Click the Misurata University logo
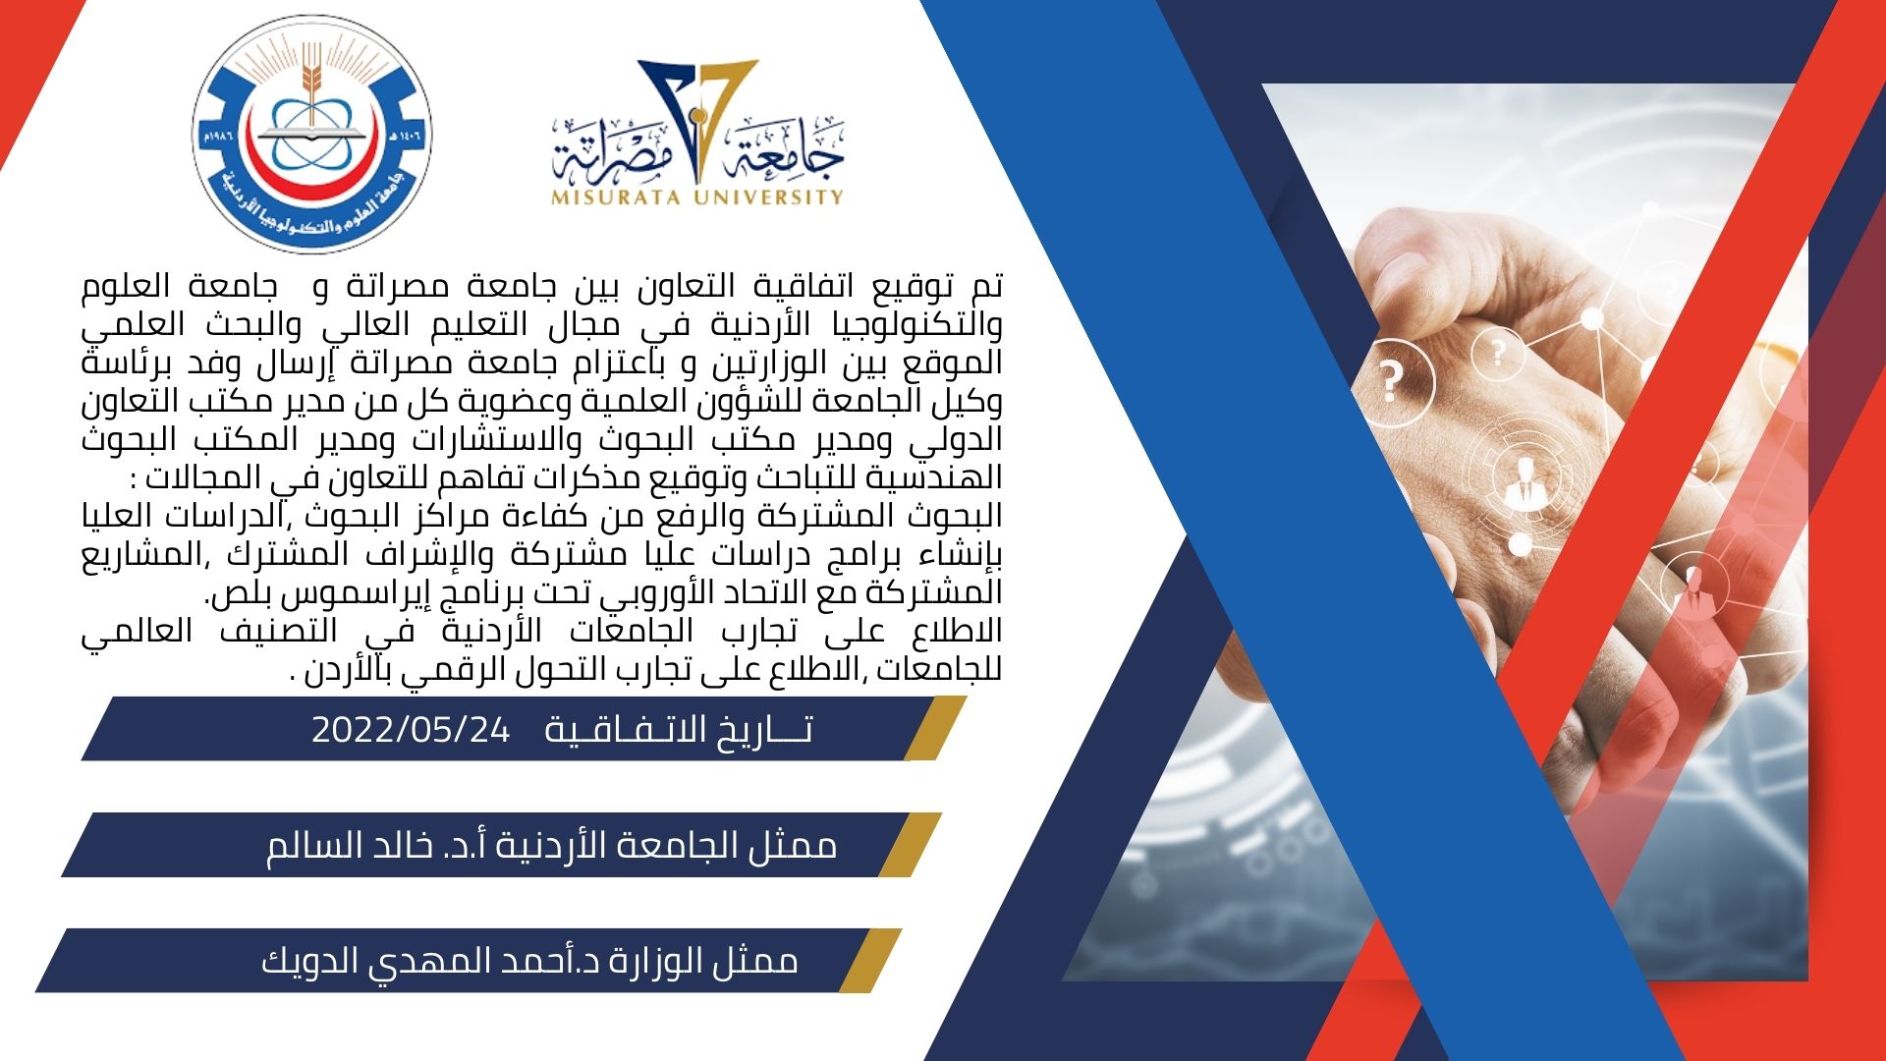point(698,133)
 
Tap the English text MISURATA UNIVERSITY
point(698,196)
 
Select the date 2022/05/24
point(412,730)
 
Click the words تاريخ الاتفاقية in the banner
point(679,730)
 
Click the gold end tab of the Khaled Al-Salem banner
point(911,845)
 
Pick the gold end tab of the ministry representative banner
point(870,961)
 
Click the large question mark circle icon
point(1392,381)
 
